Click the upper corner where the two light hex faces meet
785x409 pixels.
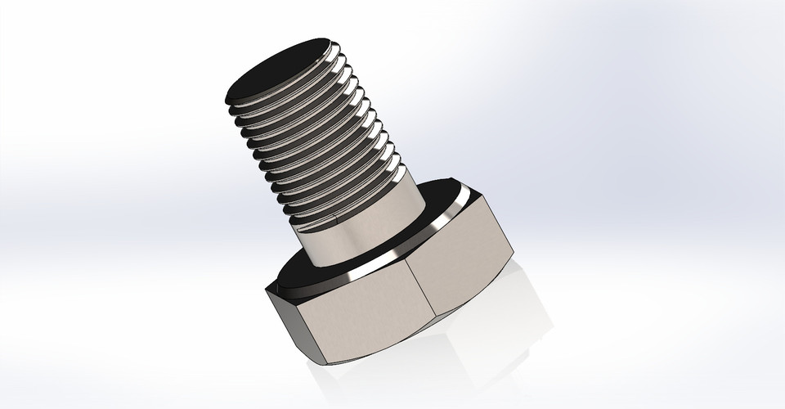point(408,261)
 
